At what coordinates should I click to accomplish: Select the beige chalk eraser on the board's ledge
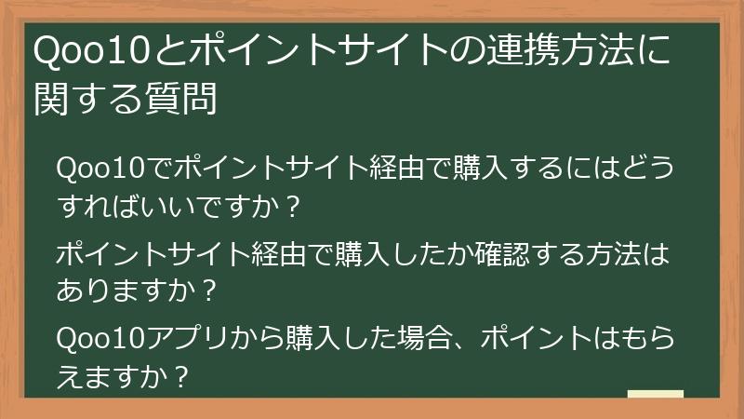pos(656,394)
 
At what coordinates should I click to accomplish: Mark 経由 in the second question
pos(280,255)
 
